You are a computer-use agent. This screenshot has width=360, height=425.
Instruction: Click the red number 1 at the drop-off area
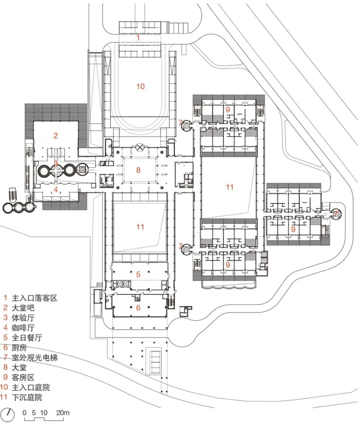click(x=138, y=38)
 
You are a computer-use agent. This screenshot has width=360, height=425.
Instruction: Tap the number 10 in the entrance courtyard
click(x=140, y=86)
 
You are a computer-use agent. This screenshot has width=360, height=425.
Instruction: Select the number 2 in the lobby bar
click(x=55, y=135)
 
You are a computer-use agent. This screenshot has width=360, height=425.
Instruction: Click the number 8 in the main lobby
click(x=138, y=170)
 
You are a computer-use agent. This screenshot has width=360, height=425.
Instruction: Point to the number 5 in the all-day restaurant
click(x=138, y=274)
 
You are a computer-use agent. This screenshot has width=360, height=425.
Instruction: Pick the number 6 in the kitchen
click(x=138, y=307)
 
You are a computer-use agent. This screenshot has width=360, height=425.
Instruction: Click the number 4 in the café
click(x=56, y=189)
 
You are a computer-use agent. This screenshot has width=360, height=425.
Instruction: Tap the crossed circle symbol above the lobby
click(x=140, y=147)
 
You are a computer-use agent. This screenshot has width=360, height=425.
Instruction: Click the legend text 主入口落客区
click(x=34, y=298)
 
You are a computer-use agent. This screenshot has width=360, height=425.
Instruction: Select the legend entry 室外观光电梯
click(x=34, y=357)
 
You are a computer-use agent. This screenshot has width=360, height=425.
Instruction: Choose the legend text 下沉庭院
click(x=27, y=397)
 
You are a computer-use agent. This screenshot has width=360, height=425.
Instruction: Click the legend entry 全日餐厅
click(x=27, y=338)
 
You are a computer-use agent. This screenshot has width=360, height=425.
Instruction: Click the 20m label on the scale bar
click(x=63, y=412)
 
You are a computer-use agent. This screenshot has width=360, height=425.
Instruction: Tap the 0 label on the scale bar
click(x=25, y=412)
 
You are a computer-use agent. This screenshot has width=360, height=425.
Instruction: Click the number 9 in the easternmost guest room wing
click(x=293, y=229)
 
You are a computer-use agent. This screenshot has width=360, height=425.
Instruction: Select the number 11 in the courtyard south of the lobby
click(x=140, y=227)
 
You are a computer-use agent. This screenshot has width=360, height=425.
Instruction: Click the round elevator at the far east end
click(x=336, y=214)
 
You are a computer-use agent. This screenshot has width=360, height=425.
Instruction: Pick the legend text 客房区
click(x=23, y=377)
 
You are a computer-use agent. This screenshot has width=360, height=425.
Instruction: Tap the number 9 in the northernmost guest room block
click(x=227, y=109)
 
